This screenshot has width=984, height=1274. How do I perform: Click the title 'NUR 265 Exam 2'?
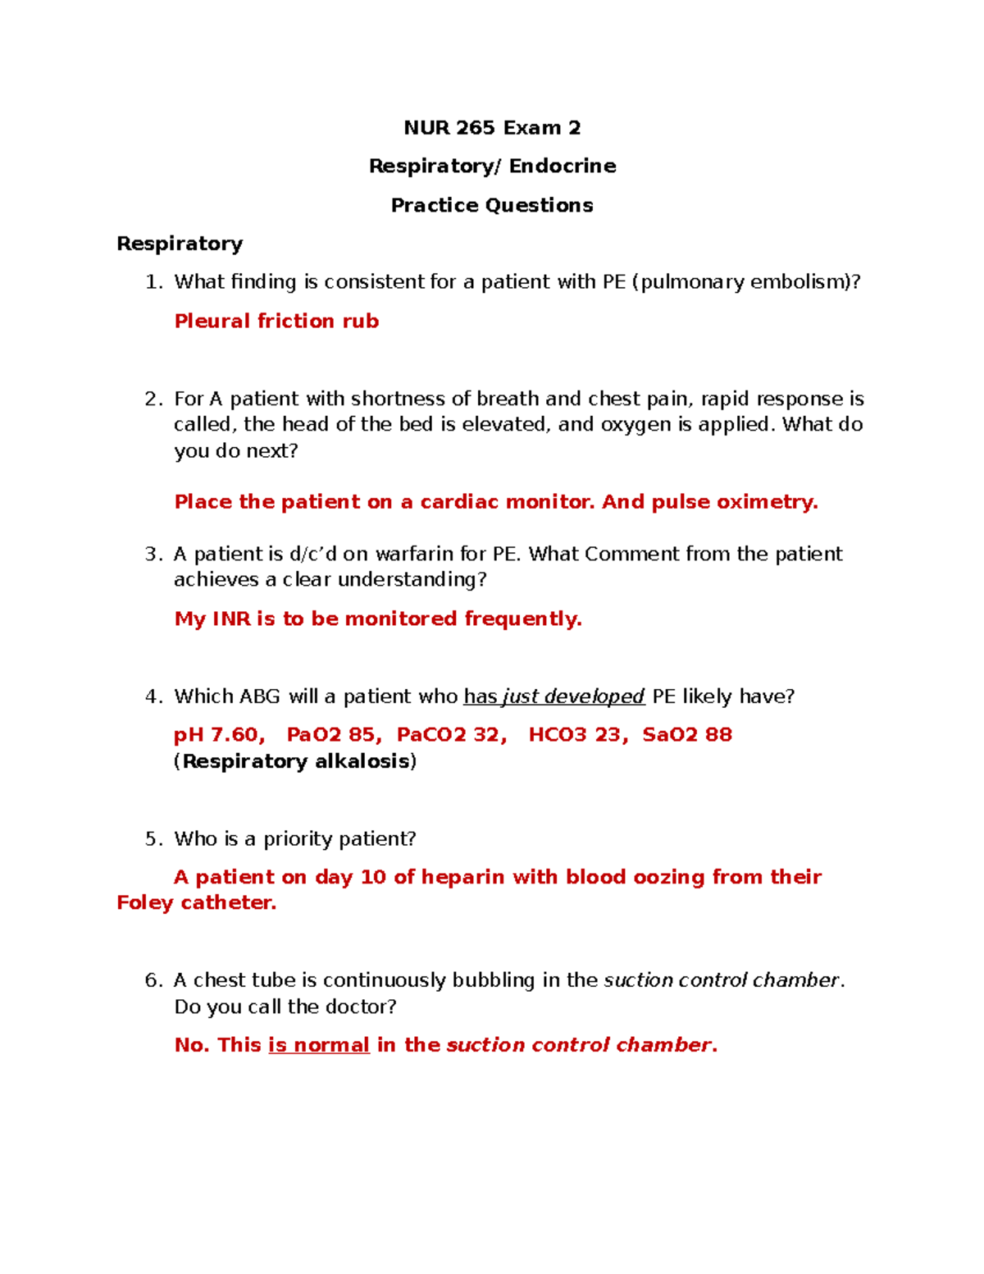492,128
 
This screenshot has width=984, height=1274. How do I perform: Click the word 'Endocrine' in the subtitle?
563,167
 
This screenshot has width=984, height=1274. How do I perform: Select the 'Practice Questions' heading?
492,205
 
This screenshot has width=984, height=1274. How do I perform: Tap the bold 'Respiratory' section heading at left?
180,244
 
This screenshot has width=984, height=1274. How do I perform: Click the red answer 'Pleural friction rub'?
276,321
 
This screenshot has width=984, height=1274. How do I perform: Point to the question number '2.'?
154,400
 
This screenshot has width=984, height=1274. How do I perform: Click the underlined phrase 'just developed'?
573,696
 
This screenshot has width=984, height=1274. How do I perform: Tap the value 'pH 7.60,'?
219,735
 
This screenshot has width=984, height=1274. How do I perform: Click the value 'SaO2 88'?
687,735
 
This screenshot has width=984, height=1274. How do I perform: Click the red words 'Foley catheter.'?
197,903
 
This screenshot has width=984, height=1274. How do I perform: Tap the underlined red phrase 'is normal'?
319,1045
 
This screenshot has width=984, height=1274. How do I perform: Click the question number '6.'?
154,981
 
